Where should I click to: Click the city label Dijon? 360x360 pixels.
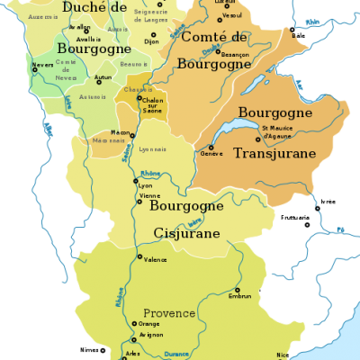click(151, 41)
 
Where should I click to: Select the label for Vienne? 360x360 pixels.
click(148, 195)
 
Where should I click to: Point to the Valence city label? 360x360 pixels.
click(156, 259)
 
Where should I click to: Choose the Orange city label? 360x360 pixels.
click(149, 324)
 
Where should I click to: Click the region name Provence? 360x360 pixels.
click(169, 312)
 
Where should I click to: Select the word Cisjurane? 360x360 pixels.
click(186, 233)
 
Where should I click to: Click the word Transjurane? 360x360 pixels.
click(274, 154)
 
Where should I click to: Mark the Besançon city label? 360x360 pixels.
click(233, 80)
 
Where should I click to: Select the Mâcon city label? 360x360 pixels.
click(121, 132)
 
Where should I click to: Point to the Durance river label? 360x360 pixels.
click(176, 354)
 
